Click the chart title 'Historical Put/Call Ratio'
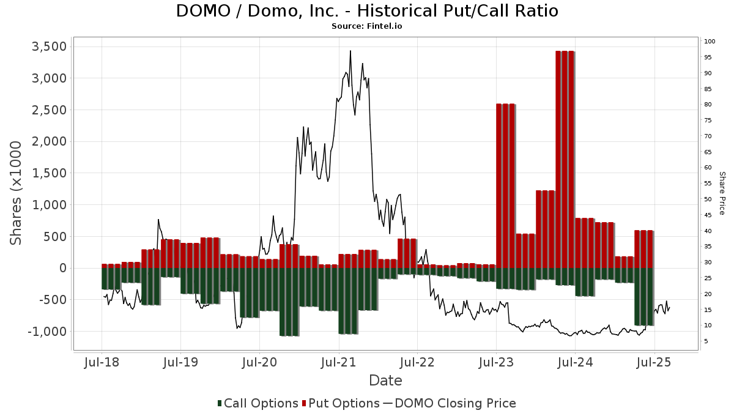pyautogui.click(x=458, y=11)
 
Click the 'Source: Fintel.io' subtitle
pyautogui.click(x=366, y=26)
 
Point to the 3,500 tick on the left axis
pyautogui.click(x=49, y=47)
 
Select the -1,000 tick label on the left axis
pyautogui.click(x=47, y=332)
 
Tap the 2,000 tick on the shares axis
pyautogui.click(x=49, y=141)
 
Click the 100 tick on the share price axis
pyautogui.click(x=710, y=42)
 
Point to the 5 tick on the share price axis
pyautogui.click(x=706, y=341)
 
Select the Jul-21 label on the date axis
pyautogui.click(x=338, y=362)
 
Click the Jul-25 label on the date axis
pyautogui.click(x=654, y=362)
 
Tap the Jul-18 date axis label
pyautogui.click(x=102, y=362)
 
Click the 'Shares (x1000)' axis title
pyautogui.click(x=15, y=193)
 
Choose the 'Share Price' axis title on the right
pyautogui.click(x=722, y=193)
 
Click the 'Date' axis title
pyautogui.click(x=385, y=381)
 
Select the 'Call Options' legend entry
pyautogui.click(x=258, y=403)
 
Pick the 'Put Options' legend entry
pyautogui.click(x=341, y=403)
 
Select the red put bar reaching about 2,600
pyautogui.click(x=506, y=186)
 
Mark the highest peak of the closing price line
pyautogui.click(x=350, y=51)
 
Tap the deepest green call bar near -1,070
pyautogui.click(x=289, y=302)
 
